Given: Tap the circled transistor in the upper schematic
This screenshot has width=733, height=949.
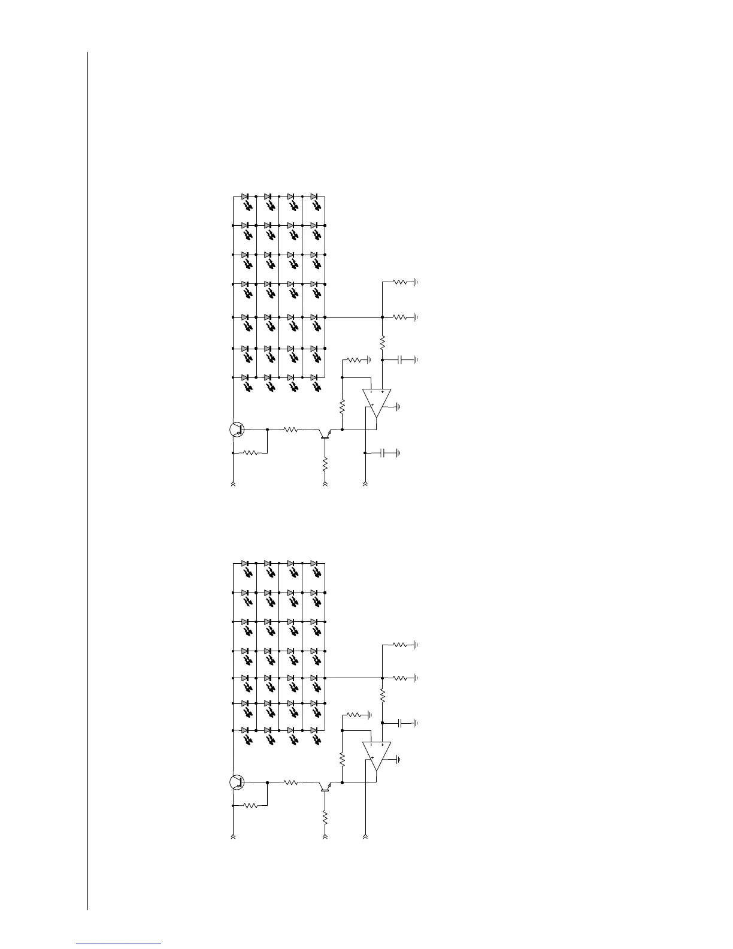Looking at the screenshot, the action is (x=237, y=429).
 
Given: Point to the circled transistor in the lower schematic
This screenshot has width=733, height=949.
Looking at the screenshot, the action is (x=237, y=782).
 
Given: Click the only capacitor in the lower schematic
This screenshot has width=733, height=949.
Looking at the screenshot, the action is (x=402, y=723).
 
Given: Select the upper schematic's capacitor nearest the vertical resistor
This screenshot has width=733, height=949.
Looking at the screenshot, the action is (x=402, y=360).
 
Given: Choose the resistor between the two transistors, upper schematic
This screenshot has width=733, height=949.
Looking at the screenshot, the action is (x=292, y=429).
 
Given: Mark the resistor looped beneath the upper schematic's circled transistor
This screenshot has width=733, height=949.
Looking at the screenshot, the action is (x=251, y=453).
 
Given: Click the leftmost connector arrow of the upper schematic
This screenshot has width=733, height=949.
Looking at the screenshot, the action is (x=233, y=482).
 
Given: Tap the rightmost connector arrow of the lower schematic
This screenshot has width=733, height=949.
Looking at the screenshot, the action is (x=365, y=835).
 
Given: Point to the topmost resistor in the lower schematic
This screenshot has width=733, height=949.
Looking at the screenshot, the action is (x=399, y=645).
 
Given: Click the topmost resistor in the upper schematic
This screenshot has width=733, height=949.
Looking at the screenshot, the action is (x=399, y=281).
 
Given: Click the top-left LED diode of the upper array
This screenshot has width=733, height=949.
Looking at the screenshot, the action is (x=245, y=197).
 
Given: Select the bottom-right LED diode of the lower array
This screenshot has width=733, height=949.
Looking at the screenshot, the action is (x=314, y=730).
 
